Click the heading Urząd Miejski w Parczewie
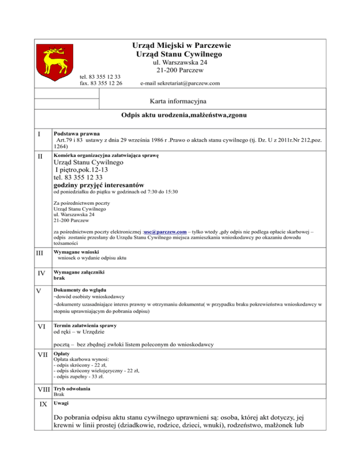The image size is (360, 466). (180, 45)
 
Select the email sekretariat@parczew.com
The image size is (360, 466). (180, 83)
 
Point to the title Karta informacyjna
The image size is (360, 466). (180, 101)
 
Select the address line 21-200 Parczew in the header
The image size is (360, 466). (180, 70)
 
